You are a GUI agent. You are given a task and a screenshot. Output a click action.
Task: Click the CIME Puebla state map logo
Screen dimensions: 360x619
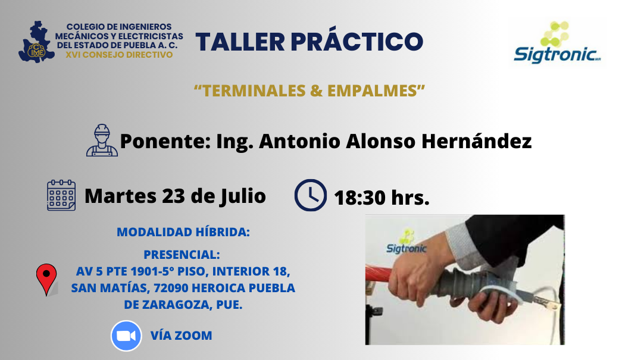(39, 42)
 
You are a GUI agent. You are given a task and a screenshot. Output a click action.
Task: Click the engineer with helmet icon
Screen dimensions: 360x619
(102, 141)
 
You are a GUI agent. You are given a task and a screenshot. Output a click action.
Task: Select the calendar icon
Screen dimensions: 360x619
(61, 195)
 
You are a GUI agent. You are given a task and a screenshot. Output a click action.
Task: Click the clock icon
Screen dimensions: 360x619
(310, 195)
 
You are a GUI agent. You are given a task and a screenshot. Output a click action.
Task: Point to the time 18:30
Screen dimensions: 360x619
(360, 198)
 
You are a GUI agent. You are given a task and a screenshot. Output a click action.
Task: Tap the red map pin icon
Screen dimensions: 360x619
(46, 279)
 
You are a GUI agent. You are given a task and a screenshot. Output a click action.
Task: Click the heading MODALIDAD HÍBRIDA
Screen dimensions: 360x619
(183, 232)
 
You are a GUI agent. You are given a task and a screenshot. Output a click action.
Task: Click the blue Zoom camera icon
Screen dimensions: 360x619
(126, 336)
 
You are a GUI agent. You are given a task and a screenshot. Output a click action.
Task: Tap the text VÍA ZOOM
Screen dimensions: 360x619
(181, 336)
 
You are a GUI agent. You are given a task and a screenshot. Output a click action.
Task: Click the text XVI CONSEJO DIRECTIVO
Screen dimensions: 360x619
(120, 55)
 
